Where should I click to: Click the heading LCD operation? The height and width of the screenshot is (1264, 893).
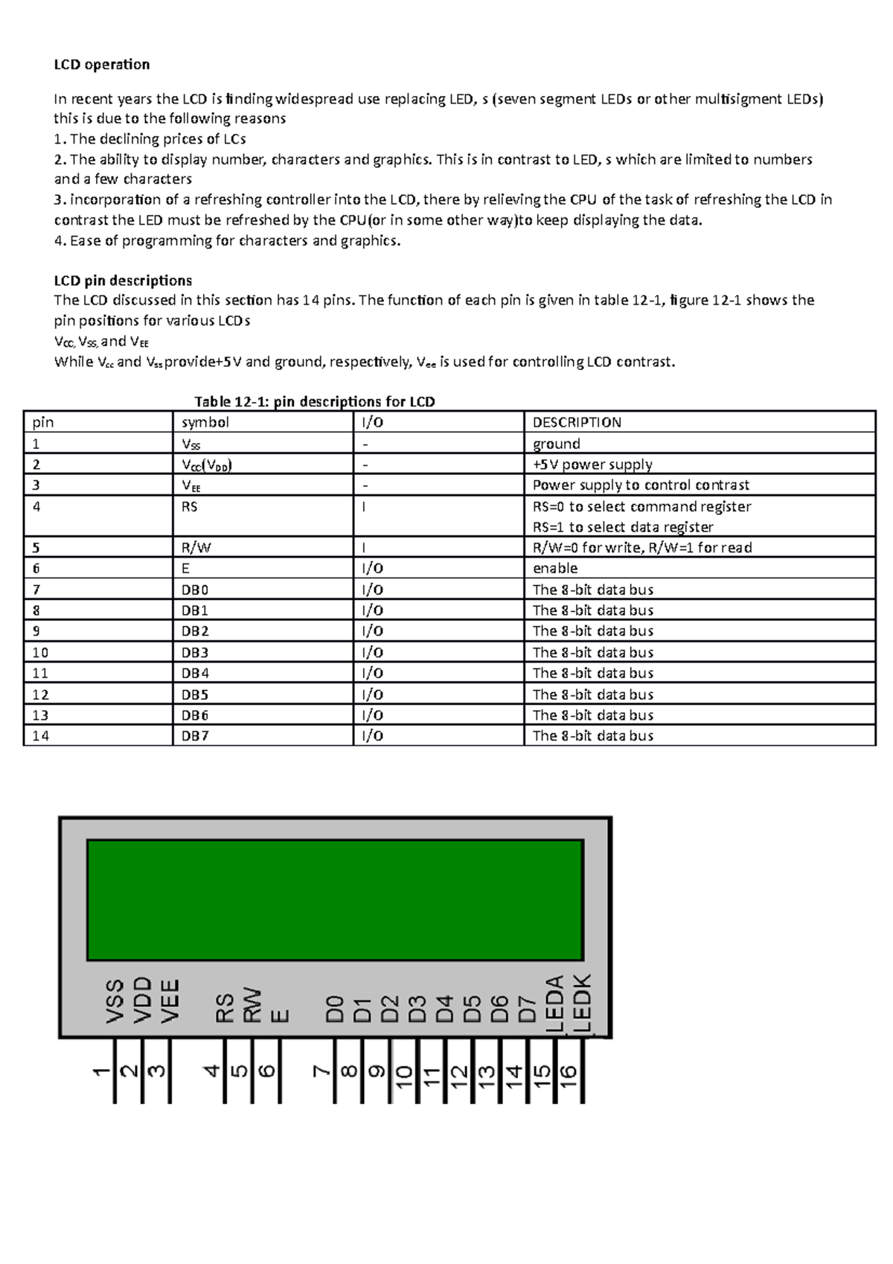pos(102,65)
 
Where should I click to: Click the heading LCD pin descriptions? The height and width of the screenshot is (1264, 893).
pos(123,281)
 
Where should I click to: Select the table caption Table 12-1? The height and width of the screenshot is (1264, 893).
pos(314,402)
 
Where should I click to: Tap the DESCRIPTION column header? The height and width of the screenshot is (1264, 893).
pos(577,423)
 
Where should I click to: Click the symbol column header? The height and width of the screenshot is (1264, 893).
pos(205,423)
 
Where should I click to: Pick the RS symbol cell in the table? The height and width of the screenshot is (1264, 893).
pos(190,507)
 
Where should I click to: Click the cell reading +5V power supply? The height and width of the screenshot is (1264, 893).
pos(592,465)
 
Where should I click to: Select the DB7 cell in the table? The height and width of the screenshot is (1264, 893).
pos(195,736)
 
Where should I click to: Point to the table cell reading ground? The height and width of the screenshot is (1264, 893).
pos(556,444)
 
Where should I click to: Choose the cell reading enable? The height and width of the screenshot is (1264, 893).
pos(555,569)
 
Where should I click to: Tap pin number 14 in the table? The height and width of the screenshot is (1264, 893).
pos(40,736)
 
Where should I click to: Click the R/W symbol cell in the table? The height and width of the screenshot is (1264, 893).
pos(196,548)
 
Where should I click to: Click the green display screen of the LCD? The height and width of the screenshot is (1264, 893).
pos(335,900)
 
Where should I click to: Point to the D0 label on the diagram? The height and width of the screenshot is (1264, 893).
pos(336,1009)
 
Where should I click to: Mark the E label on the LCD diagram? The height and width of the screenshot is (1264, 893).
pos(281,1015)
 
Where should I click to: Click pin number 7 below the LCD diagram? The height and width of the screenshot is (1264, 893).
pos(321,1072)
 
